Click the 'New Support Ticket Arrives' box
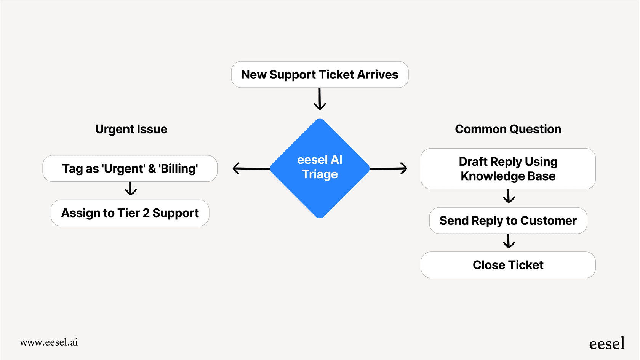click(x=320, y=75)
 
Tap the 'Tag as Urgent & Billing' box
click(x=130, y=168)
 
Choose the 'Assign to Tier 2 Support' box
click(x=130, y=213)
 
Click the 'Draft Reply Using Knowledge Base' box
click(x=508, y=169)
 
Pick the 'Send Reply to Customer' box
click(x=508, y=221)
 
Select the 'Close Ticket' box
click(x=508, y=265)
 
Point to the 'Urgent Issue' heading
click(x=131, y=129)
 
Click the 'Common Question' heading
click(x=508, y=129)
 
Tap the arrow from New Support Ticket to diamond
click(x=320, y=99)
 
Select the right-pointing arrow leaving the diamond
click(x=389, y=168)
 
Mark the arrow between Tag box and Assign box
click(x=131, y=189)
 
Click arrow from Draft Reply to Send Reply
click(x=509, y=196)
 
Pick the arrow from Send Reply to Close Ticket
click(x=509, y=241)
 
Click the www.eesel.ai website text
click(x=49, y=342)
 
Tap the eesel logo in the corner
click(x=607, y=343)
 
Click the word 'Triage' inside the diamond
click(x=320, y=174)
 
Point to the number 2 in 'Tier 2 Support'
click(x=146, y=213)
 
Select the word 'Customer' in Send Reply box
click(x=548, y=221)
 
